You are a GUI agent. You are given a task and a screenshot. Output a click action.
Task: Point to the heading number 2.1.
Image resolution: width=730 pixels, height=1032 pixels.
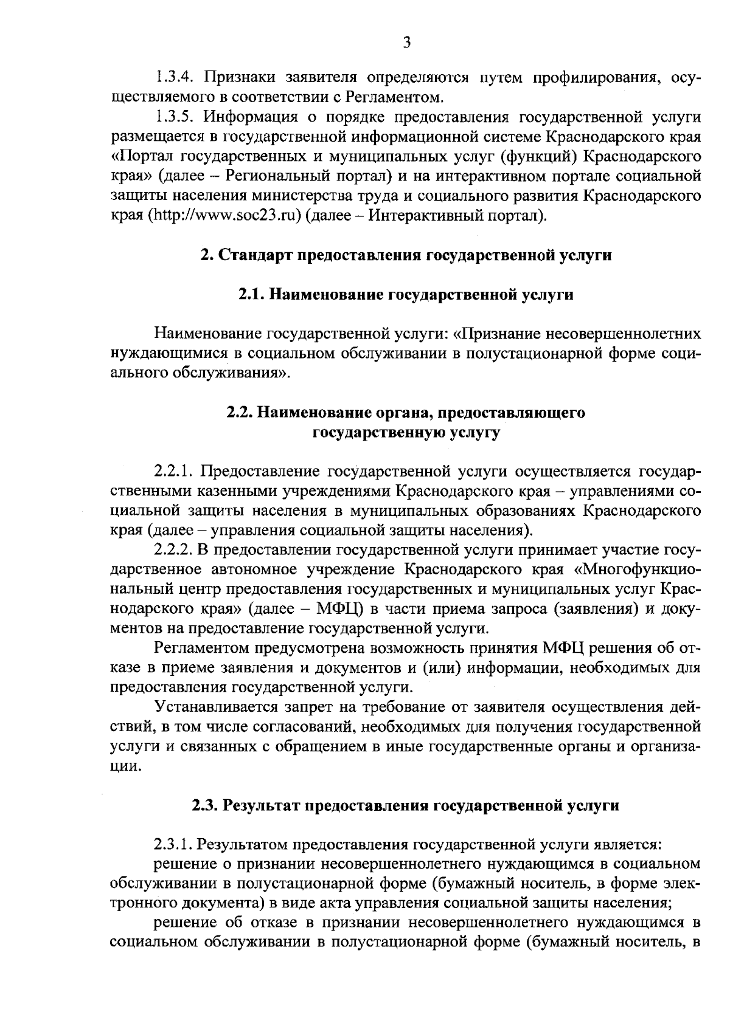[x=250, y=295]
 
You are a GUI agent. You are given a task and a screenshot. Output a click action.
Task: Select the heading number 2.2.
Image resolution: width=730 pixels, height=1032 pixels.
[x=239, y=413]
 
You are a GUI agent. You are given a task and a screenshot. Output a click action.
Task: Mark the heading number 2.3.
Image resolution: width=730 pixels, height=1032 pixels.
[x=205, y=806]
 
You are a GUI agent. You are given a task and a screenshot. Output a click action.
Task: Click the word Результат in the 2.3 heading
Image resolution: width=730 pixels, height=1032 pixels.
[x=259, y=806]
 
